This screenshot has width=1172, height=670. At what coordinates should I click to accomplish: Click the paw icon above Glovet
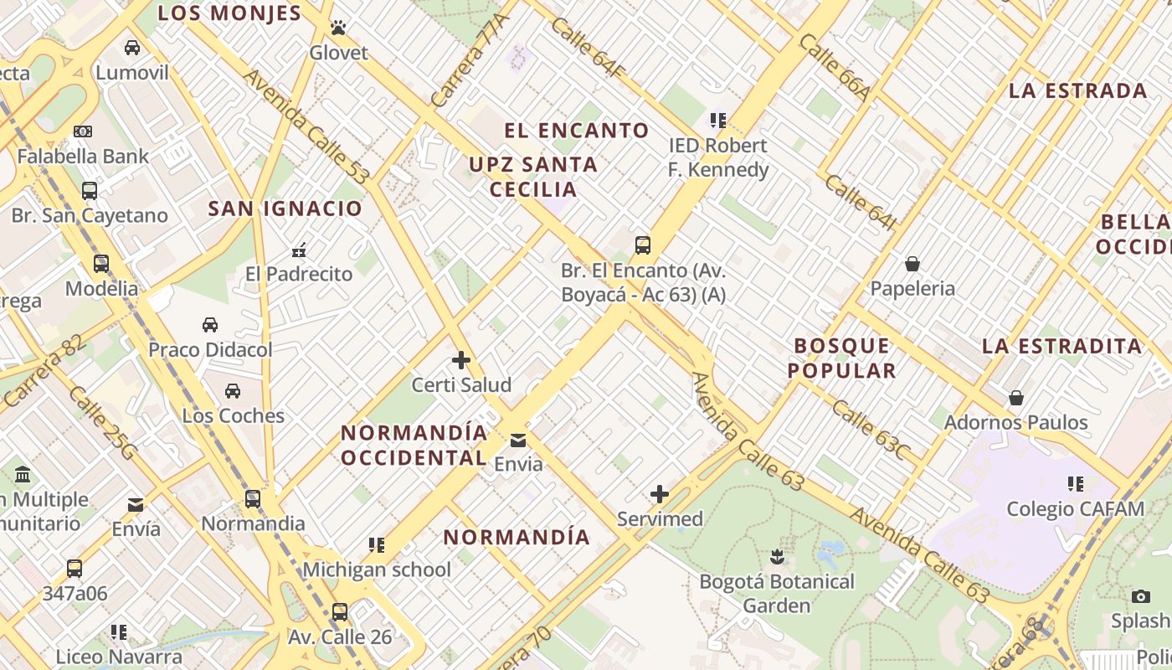tap(338, 28)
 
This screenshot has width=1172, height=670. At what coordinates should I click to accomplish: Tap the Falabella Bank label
tap(83, 156)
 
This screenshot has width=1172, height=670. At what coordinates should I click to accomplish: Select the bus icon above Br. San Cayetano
tap(90, 191)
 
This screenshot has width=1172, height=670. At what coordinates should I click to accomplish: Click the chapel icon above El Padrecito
tap(299, 250)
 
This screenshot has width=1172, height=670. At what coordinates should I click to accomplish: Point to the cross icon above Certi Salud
tap(461, 360)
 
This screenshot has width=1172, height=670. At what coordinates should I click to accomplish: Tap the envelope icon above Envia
tap(518, 441)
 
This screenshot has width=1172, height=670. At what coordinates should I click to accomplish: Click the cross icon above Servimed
tap(660, 494)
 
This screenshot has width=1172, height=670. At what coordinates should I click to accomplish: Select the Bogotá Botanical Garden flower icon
tap(777, 557)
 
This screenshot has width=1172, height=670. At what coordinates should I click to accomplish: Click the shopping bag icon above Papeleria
tap(912, 265)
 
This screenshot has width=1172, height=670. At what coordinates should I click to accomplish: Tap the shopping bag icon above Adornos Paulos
tap(1016, 397)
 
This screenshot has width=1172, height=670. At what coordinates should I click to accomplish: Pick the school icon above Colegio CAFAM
tap(1076, 484)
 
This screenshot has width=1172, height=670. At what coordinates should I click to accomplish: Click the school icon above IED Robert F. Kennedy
tap(717, 121)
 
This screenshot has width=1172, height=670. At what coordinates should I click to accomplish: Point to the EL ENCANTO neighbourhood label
tap(577, 131)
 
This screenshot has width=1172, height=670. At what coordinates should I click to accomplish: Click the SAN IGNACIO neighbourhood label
tap(285, 209)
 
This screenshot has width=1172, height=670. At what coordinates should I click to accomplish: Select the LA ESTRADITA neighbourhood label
tap(1061, 346)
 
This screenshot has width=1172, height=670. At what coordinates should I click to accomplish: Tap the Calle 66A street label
tap(835, 67)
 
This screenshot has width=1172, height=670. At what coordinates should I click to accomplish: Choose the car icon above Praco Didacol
tap(210, 325)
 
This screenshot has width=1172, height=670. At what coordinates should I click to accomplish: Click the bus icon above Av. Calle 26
tap(340, 612)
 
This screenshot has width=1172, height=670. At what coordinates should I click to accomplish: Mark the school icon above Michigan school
tap(377, 546)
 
